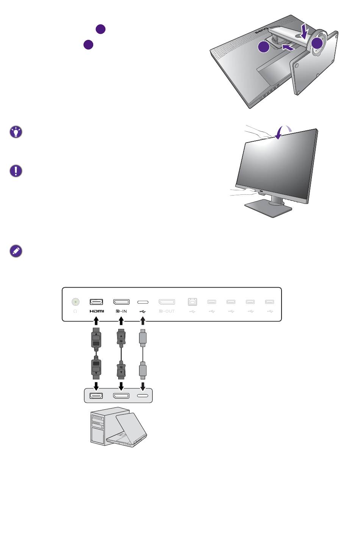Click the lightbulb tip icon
[x=16, y=132]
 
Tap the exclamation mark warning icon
[x=16, y=171]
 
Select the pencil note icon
[x=16, y=251]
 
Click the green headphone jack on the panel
[x=75, y=302]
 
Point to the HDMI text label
[x=97, y=312]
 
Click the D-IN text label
[x=121, y=312]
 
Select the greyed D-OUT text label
[x=167, y=312]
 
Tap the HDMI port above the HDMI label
[x=97, y=302]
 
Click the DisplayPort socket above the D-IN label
[x=121, y=302]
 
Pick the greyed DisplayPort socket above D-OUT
[x=167, y=302]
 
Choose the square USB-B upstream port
[x=192, y=302]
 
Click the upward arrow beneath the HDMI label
[x=97, y=321]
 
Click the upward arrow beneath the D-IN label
[x=121, y=321]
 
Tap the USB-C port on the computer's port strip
[x=143, y=396]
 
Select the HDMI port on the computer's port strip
[x=97, y=396]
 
